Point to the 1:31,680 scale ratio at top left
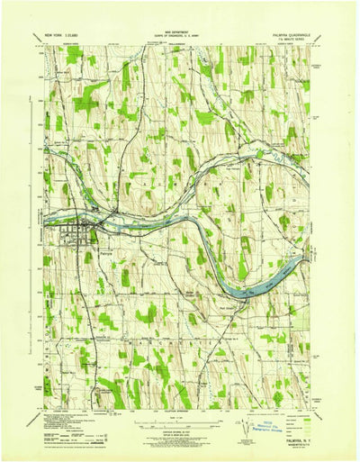point(76,36)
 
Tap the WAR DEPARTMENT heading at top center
point(178,34)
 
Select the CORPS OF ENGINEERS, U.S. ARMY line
point(178,38)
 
